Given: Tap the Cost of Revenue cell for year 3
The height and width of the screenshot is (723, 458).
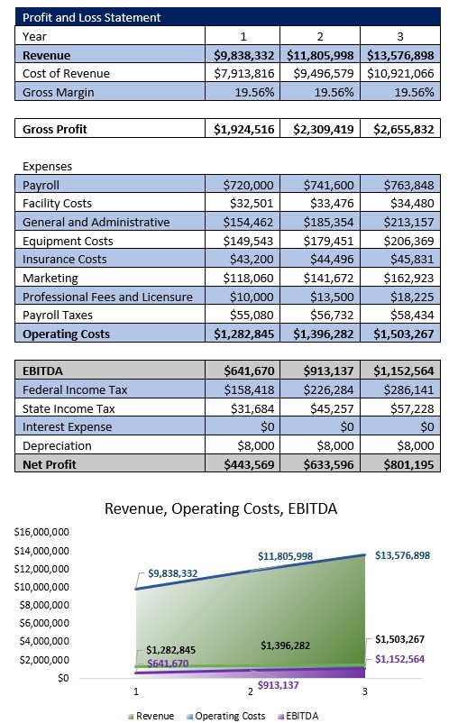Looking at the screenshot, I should coord(401,73).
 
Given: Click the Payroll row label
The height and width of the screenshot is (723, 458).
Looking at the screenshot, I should coord(41,185).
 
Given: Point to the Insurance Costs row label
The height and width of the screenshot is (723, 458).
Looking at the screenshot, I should coord(64,259).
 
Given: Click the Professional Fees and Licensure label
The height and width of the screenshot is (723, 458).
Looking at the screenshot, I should coord(107,297).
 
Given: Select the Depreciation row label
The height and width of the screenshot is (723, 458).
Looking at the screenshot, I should coord(57,445).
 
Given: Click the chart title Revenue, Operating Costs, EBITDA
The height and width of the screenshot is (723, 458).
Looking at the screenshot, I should coord(221,508).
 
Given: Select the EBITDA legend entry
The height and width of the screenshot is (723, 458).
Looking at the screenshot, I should coord(302,716).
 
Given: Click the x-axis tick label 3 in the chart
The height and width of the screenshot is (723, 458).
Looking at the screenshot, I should coord(364,691).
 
